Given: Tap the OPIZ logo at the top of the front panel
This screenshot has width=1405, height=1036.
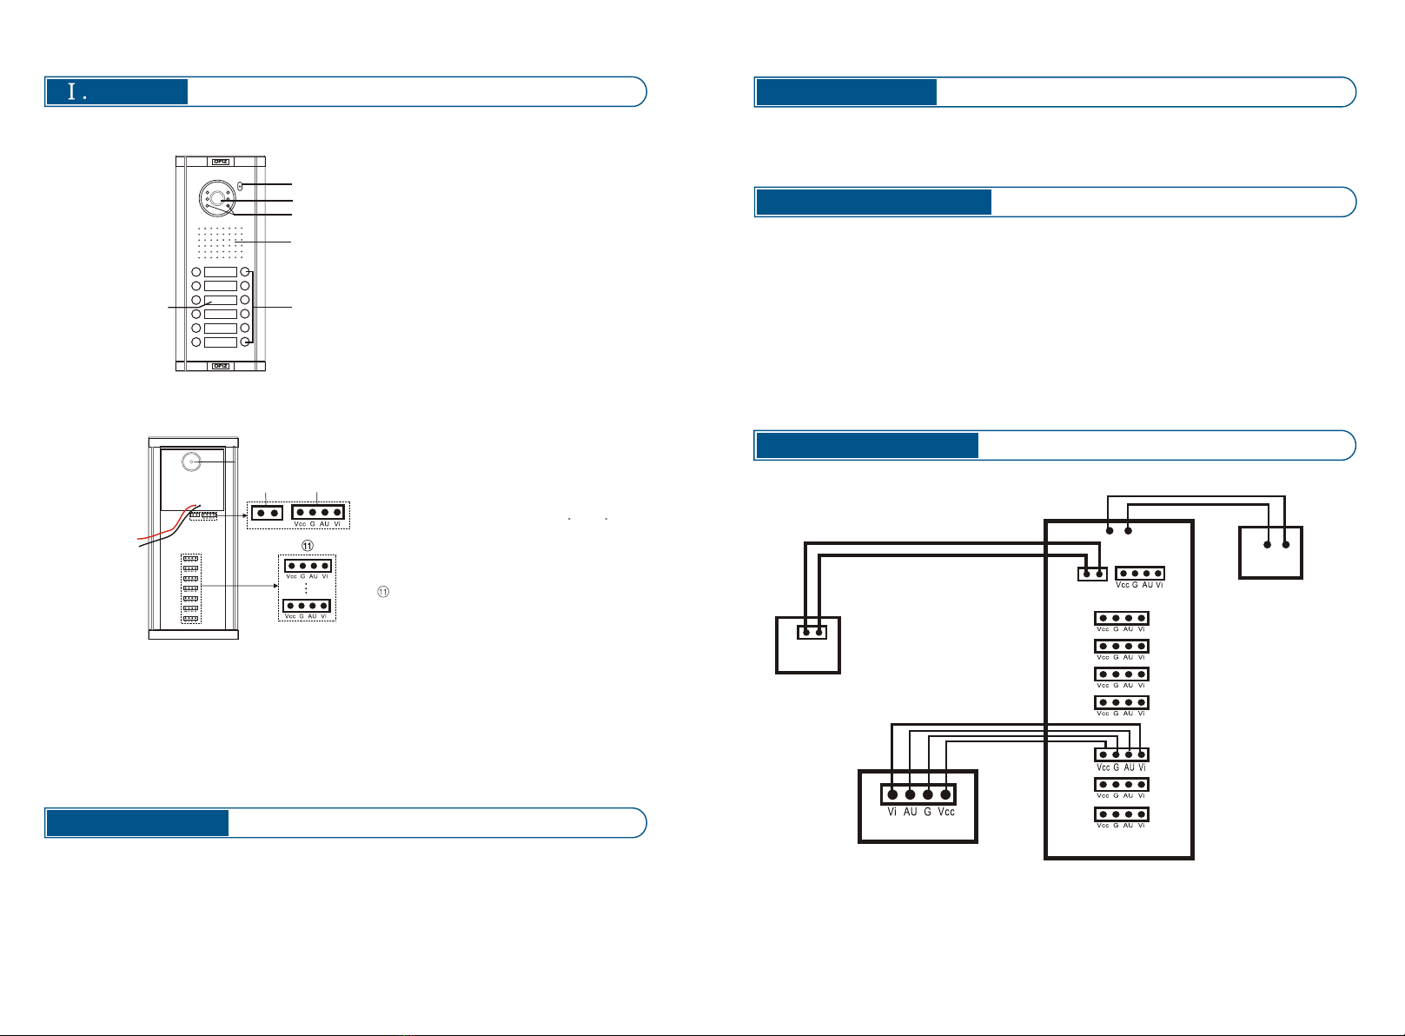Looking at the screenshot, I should point(220,161).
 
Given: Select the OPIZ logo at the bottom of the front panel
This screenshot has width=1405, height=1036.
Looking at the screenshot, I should point(220,366).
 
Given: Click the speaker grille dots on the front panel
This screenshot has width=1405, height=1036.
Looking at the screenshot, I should point(219,242).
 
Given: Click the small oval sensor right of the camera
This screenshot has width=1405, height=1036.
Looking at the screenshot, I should point(242,185).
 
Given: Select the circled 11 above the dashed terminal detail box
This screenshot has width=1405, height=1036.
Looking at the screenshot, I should point(307,545).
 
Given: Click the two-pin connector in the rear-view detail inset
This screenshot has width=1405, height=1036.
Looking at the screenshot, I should point(267,513).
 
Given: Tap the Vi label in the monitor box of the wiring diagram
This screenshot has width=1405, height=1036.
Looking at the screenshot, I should point(892,812).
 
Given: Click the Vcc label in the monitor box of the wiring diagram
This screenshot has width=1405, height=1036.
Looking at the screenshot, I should point(946,812).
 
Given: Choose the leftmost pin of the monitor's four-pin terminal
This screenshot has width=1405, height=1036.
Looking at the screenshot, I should point(892,794).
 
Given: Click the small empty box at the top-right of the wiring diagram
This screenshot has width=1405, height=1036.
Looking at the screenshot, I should point(1270,552).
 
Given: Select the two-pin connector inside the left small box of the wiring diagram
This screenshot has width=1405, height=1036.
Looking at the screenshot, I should point(812,632).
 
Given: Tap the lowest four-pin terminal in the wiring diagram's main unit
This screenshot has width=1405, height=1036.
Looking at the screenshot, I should point(1122,814).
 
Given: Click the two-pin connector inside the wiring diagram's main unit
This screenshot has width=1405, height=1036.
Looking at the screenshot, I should point(1092,574).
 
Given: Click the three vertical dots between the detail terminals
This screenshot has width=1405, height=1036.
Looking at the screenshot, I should point(306,588).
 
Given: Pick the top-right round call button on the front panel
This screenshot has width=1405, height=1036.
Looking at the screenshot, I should point(246,272).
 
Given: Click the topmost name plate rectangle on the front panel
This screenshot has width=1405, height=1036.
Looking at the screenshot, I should point(220,272).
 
